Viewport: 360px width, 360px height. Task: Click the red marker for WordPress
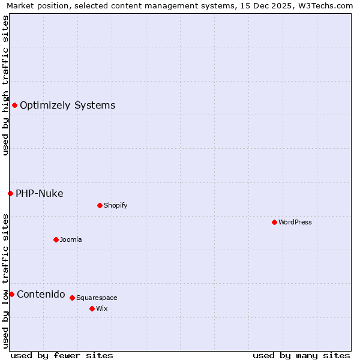pyautogui.click(x=274, y=222)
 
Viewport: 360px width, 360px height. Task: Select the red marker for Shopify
pyautogui.click(x=100, y=205)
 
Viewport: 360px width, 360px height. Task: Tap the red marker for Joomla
pyautogui.click(x=56, y=239)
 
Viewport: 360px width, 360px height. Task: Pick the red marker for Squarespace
pyautogui.click(x=72, y=298)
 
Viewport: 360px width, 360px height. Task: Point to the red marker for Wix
pyautogui.click(x=92, y=308)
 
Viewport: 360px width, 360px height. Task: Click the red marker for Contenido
pyautogui.click(x=11, y=294)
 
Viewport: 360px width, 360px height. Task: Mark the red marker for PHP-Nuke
pyautogui.click(x=10, y=193)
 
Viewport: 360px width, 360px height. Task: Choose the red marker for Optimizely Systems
pyautogui.click(x=14, y=106)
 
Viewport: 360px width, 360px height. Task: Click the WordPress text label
pyautogui.click(x=295, y=222)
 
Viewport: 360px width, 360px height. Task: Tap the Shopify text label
pyautogui.click(x=116, y=205)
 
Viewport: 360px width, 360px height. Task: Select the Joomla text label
pyautogui.click(x=71, y=239)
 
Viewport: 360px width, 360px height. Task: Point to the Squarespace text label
pyautogui.click(x=97, y=298)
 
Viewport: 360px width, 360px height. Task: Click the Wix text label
pyautogui.click(x=102, y=308)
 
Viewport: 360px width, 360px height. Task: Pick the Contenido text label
pyautogui.click(x=41, y=294)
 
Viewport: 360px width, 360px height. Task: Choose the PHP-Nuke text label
pyautogui.click(x=40, y=193)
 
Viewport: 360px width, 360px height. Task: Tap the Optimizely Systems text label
pyautogui.click(x=68, y=106)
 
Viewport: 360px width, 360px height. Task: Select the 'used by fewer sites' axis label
pyautogui.click(x=62, y=355)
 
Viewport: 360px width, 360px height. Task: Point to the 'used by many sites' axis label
pyautogui.click(x=301, y=355)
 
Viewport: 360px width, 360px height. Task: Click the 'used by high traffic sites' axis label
pyautogui.click(x=5, y=85)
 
